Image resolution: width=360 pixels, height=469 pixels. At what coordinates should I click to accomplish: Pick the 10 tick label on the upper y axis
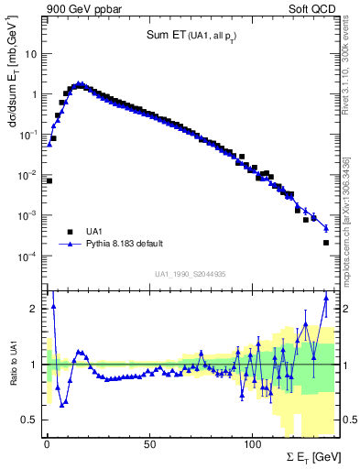(x=30, y=53)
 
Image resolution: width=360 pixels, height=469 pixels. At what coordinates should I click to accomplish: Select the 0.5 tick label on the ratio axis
(x=30, y=420)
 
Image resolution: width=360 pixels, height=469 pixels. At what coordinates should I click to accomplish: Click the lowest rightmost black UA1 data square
(x=326, y=243)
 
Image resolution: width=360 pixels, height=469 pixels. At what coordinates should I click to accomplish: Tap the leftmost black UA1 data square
(x=49, y=180)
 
